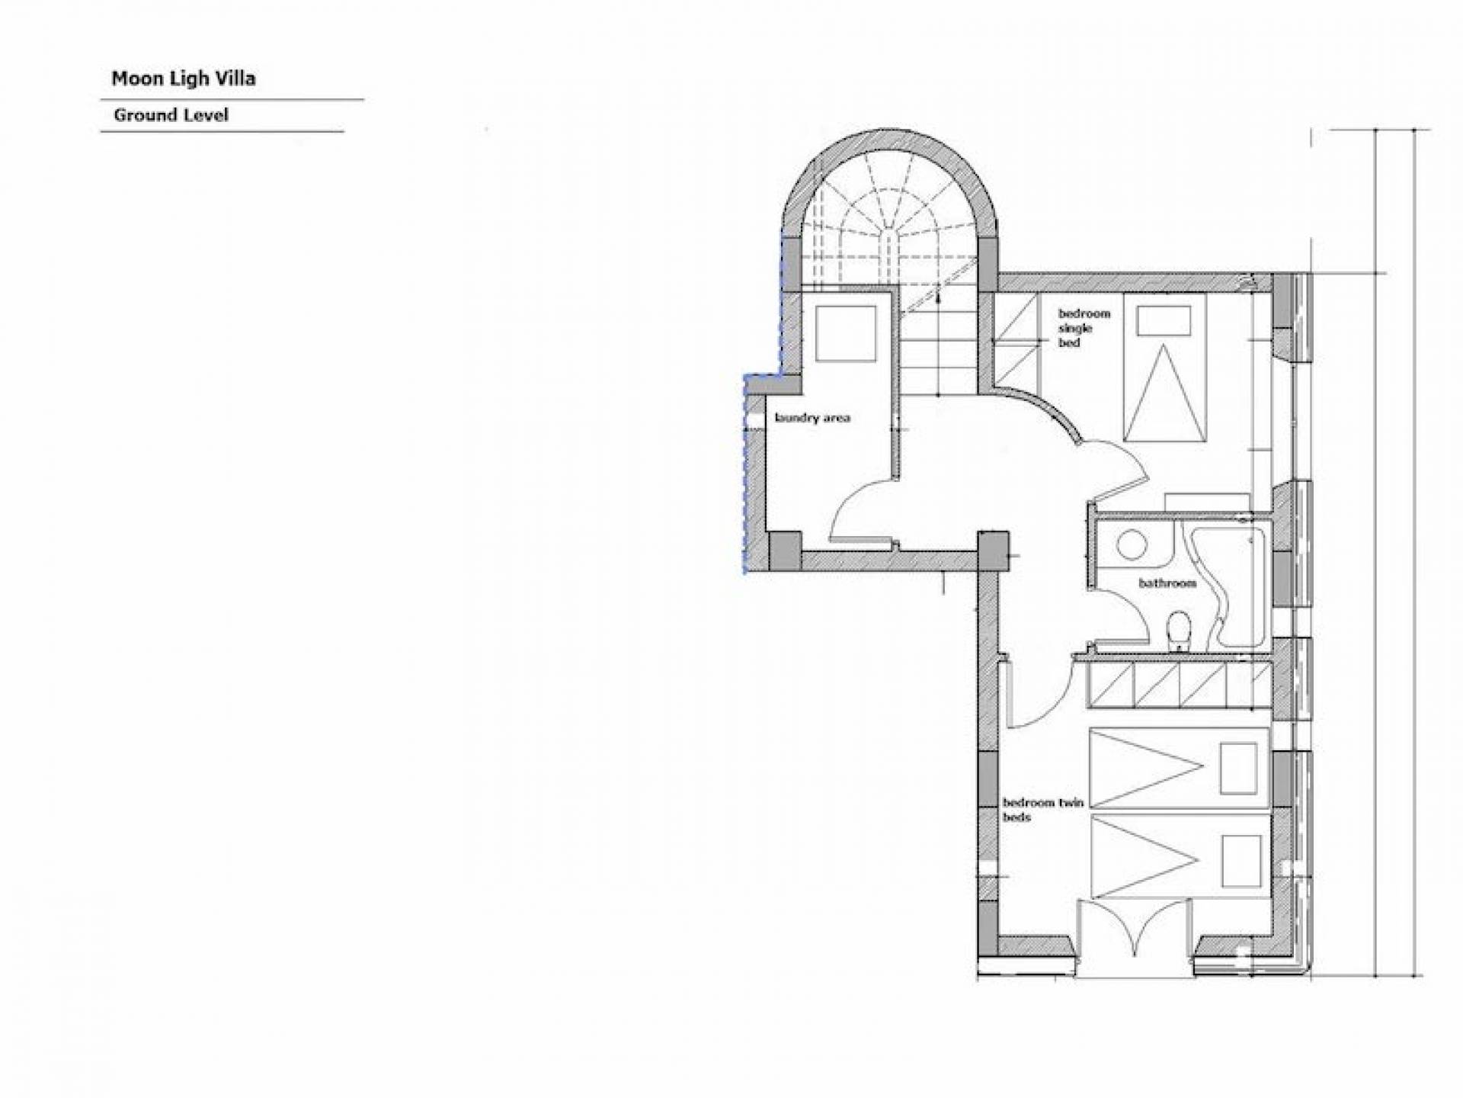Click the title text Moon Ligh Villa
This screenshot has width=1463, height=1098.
pyautogui.click(x=184, y=79)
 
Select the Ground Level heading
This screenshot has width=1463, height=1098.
pyautogui.click(x=171, y=115)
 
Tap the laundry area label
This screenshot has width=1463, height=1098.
pyautogui.click(x=812, y=418)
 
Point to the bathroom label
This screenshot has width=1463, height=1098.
pyautogui.click(x=1167, y=583)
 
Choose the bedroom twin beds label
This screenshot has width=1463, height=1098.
pyautogui.click(x=1043, y=810)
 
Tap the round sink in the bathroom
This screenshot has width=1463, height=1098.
pyautogui.click(x=1132, y=545)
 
